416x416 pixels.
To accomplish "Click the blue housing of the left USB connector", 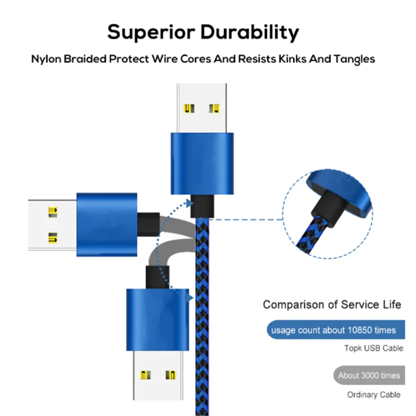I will [x=107, y=224].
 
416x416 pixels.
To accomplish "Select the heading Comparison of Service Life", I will [x=332, y=305].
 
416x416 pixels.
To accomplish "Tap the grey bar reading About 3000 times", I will [x=369, y=375].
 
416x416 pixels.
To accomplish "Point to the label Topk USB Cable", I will [x=373, y=348].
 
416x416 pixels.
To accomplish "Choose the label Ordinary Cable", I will [x=373, y=395].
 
